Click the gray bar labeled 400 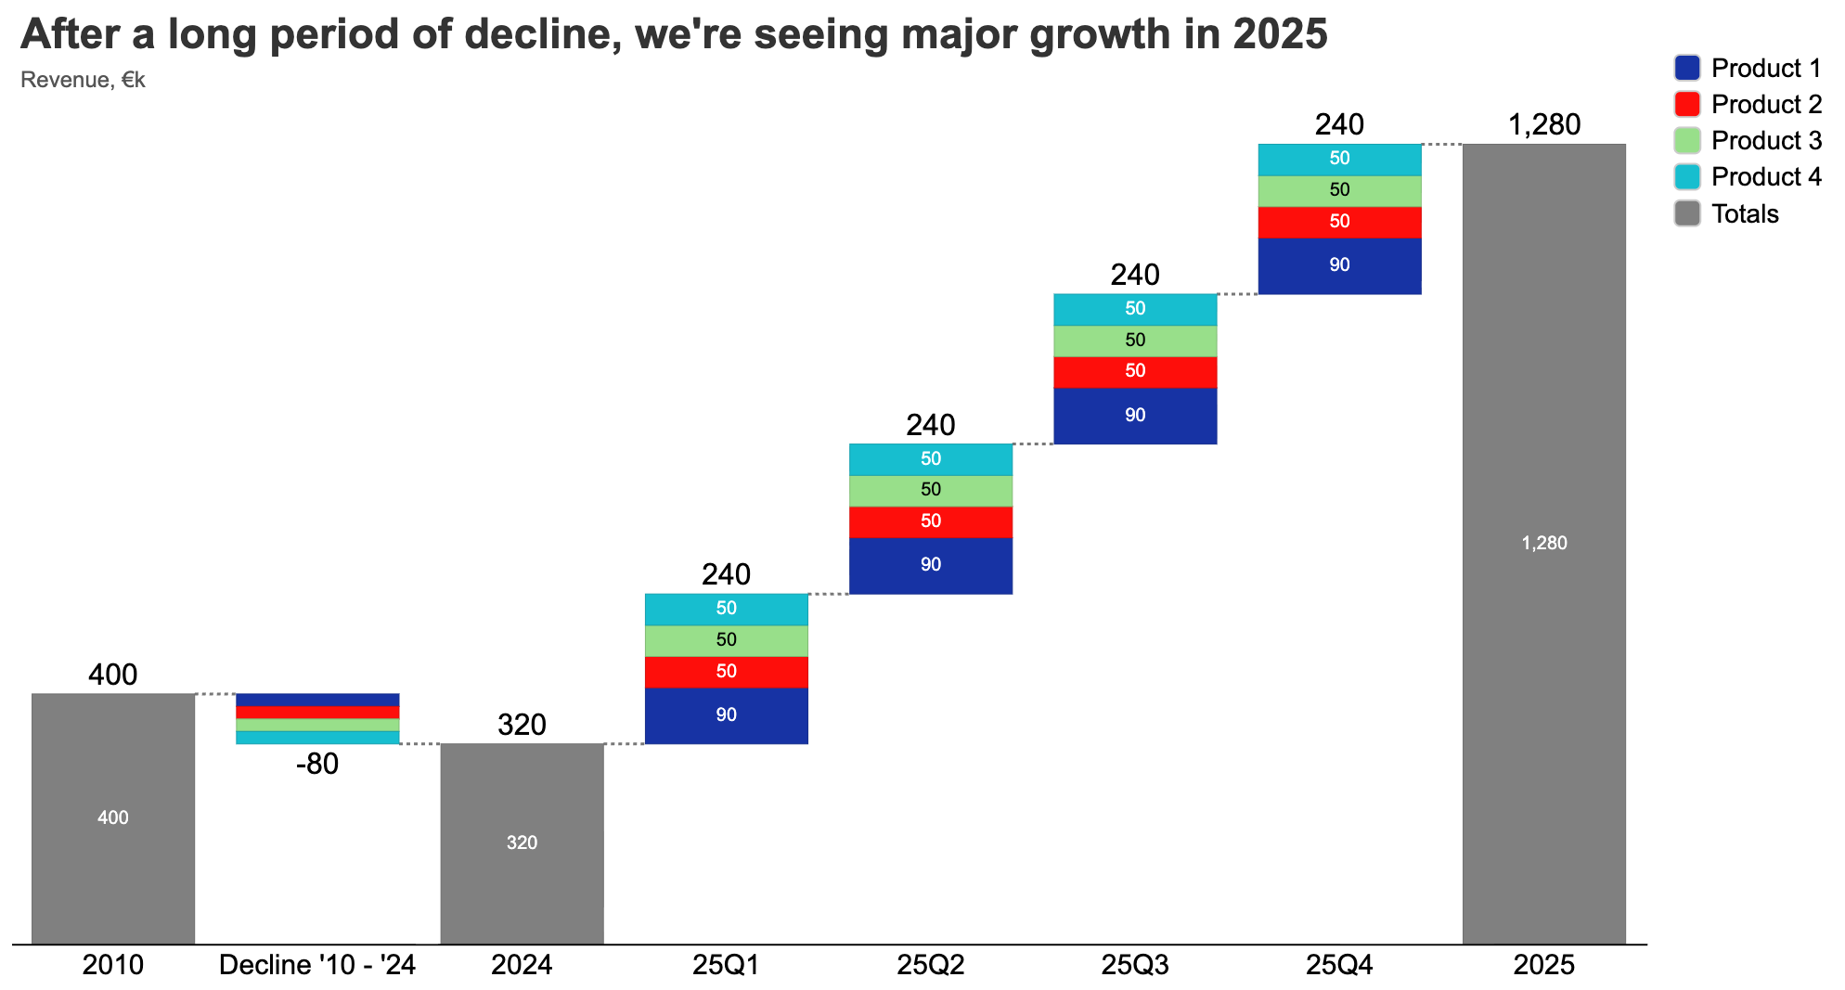(113, 817)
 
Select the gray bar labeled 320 (522, 842)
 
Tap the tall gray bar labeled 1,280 (1544, 543)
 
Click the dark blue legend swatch (1687, 68)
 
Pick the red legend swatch (1687, 104)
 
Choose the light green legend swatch (1687, 140)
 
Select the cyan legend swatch (1687, 176)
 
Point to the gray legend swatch (1687, 212)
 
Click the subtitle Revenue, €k (83, 80)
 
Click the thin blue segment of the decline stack (317, 700)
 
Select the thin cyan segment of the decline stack (317, 738)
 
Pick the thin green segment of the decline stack (317, 725)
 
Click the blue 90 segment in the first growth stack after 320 (726, 715)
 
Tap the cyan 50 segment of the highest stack (1339, 159)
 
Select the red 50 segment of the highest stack (1339, 222)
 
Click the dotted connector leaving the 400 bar (215, 694)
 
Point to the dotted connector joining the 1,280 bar (1441, 145)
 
